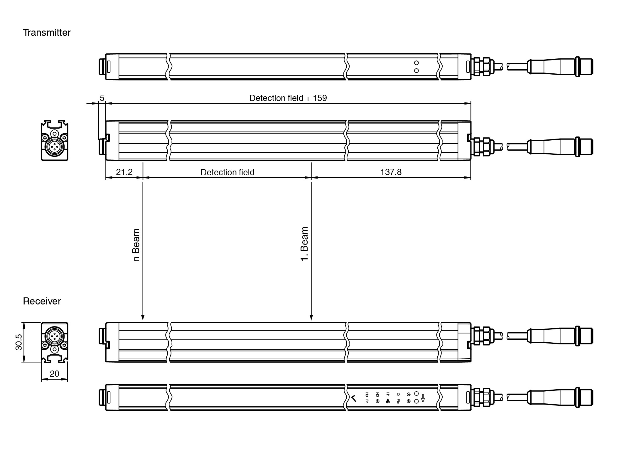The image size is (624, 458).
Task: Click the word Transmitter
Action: [x=47, y=33]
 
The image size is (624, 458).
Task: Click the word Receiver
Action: [x=42, y=301]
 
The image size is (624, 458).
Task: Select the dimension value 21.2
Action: [x=124, y=172]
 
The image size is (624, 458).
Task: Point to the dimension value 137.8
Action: [x=391, y=172]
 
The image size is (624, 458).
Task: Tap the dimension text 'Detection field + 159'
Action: [x=288, y=98]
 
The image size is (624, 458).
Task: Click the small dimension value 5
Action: [x=102, y=98]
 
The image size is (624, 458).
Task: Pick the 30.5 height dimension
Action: [x=19, y=342]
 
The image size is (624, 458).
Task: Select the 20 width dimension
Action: [x=54, y=374]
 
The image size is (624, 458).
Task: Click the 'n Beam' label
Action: [x=136, y=245]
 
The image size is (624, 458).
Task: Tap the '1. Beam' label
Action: [x=304, y=244]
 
